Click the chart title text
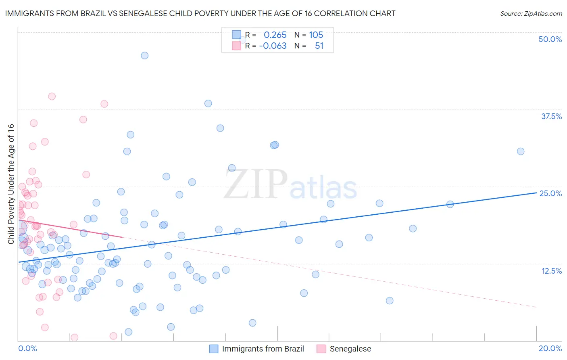[200, 13]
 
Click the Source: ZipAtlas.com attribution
[531, 13]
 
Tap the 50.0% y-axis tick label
[550, 39]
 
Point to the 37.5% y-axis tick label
[551, 116]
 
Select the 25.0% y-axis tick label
[550, 193]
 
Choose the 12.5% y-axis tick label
[551, 271]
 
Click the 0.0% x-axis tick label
[27, 348]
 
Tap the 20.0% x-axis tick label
[550, 348]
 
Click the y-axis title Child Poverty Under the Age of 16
[11, 184]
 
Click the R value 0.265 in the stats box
[275, 35]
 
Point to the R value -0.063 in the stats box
[273, 46]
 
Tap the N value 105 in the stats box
[316, 35]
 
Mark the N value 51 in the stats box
[319, 46]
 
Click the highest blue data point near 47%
[144, 55]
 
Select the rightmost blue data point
[521, 151]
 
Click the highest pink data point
[52, 96]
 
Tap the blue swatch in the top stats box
[236, 35]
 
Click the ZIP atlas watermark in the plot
[290, 185]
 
